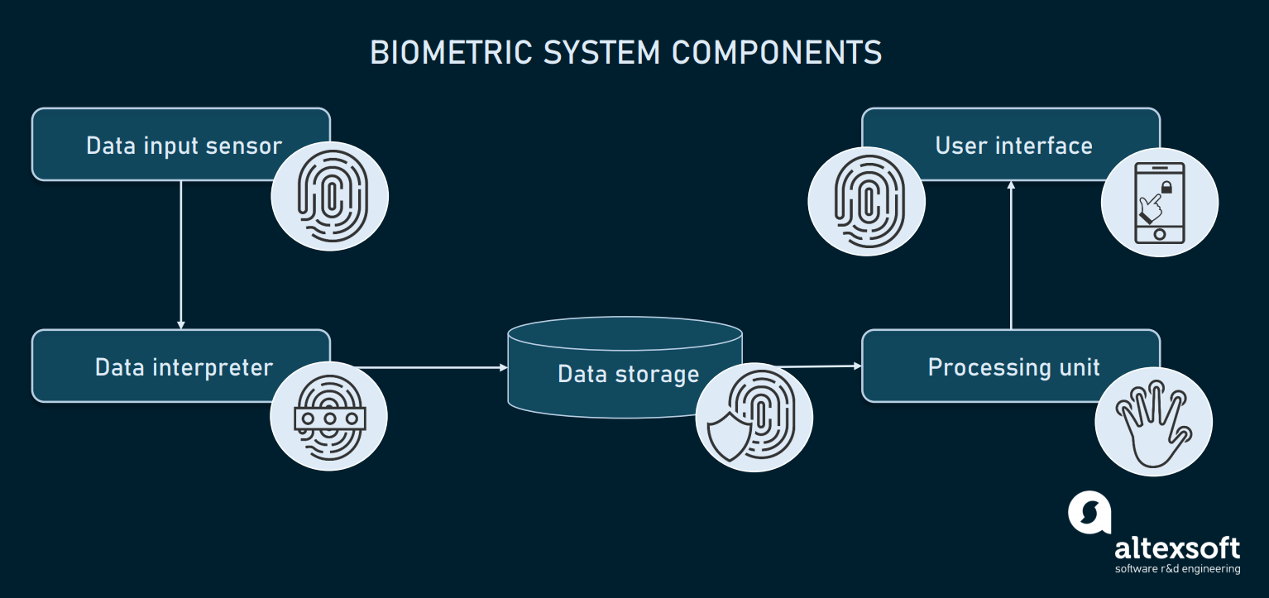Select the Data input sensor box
click(x=165, y=145)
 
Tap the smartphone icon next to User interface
click(x=1159, y=203)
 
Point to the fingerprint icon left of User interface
click(x=866, y=203)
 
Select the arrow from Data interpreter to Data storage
click(x=430, y=367)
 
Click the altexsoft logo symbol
click(x=1089, y=514)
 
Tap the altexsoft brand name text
click(x=1176, y=548)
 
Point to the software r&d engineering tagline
click(x=1176, y=569)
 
